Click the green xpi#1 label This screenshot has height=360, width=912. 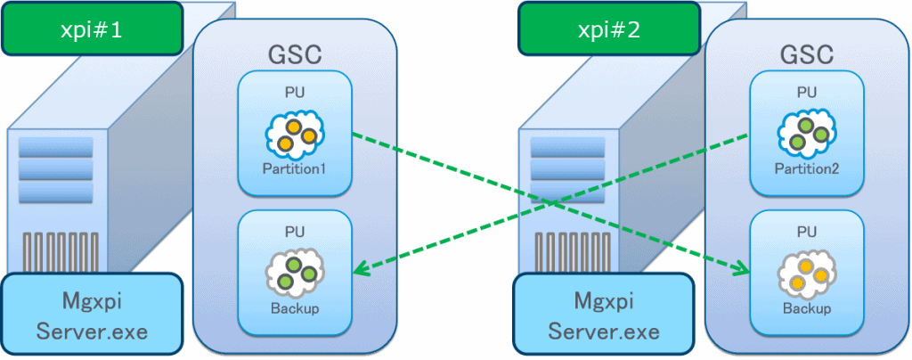click(x=92, y=29)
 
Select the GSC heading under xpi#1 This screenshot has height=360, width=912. click(x=295, y=54)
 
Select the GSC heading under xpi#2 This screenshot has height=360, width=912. click(x=807, y=54)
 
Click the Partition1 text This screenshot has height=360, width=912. click(x=295, y=168)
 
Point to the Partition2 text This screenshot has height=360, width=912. click(x=807, y=168)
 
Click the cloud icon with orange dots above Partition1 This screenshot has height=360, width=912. click(x=295, y=135)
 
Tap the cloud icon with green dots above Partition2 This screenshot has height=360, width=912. click(x=807, y=135)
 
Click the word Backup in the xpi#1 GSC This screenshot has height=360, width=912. click(x=295, y=308)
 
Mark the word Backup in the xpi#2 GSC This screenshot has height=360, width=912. click(x=807, y=308)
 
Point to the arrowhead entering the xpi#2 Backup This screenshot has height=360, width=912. click(x=743, y=269)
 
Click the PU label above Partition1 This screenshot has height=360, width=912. click(x=295, y=92)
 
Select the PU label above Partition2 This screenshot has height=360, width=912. click(x=807, y=92)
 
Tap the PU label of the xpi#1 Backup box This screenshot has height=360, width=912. click(x=295, y=232)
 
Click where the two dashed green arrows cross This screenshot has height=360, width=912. click(x=551, y=202)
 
